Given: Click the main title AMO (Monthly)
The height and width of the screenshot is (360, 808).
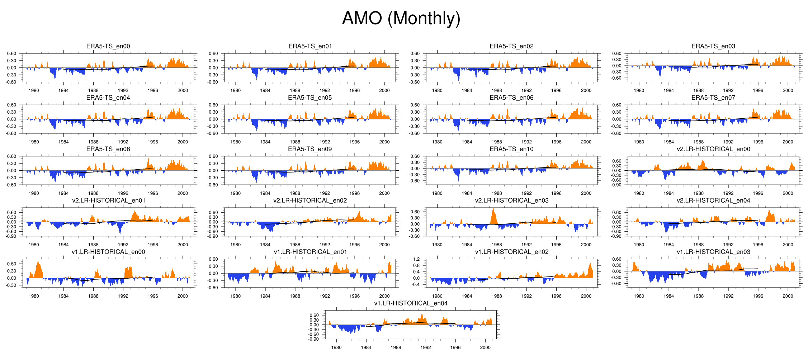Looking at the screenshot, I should click(401, 18).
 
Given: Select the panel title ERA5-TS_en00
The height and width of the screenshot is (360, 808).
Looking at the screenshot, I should click(108, 46).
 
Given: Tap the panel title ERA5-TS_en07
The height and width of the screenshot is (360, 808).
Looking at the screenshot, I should click(713, 98).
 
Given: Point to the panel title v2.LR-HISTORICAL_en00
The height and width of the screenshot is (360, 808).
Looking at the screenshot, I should click(713, 149).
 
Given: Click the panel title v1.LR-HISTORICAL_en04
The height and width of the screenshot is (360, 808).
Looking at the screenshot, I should click(411, 303).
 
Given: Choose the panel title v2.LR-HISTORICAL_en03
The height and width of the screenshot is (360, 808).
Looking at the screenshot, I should click(511, 200).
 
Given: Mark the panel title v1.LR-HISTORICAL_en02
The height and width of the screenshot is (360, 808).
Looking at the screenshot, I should click(511, 252).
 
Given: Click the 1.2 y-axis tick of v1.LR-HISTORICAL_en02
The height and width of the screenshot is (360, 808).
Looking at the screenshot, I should click(416, 259).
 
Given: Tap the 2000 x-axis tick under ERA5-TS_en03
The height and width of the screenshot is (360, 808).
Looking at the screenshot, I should click(788, 91).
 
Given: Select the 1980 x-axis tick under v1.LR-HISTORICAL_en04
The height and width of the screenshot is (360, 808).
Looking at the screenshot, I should click(336, 347).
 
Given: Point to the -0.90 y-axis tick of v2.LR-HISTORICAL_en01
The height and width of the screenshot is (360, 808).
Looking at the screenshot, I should click(12, 236).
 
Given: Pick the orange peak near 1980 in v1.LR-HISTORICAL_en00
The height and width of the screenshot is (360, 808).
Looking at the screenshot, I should click(38, 264).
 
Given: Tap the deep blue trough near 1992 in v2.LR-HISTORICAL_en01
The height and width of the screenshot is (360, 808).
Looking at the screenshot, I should click(120, 232).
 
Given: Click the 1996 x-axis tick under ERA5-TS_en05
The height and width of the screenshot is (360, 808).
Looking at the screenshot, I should click(354, 142).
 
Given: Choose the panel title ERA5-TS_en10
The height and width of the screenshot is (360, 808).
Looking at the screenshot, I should click(511, 149).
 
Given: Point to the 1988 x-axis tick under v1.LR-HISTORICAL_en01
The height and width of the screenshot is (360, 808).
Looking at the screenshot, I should click(295, 296).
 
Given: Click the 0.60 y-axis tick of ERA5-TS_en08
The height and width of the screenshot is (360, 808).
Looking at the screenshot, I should click(12, 156).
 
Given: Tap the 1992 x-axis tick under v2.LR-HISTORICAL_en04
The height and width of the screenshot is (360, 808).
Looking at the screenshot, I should click(728, 245).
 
